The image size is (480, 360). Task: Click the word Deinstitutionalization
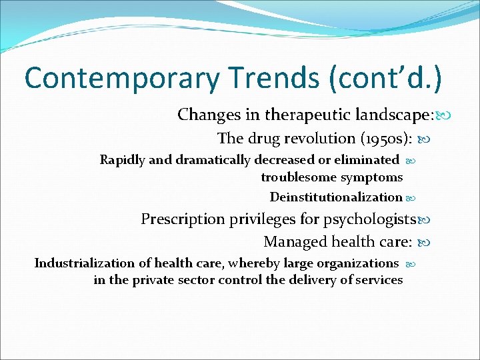(336, 197)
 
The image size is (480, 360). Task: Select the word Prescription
(183, 219)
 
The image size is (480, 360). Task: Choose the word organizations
(356, 263)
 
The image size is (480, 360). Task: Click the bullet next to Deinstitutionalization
(410, 198)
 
